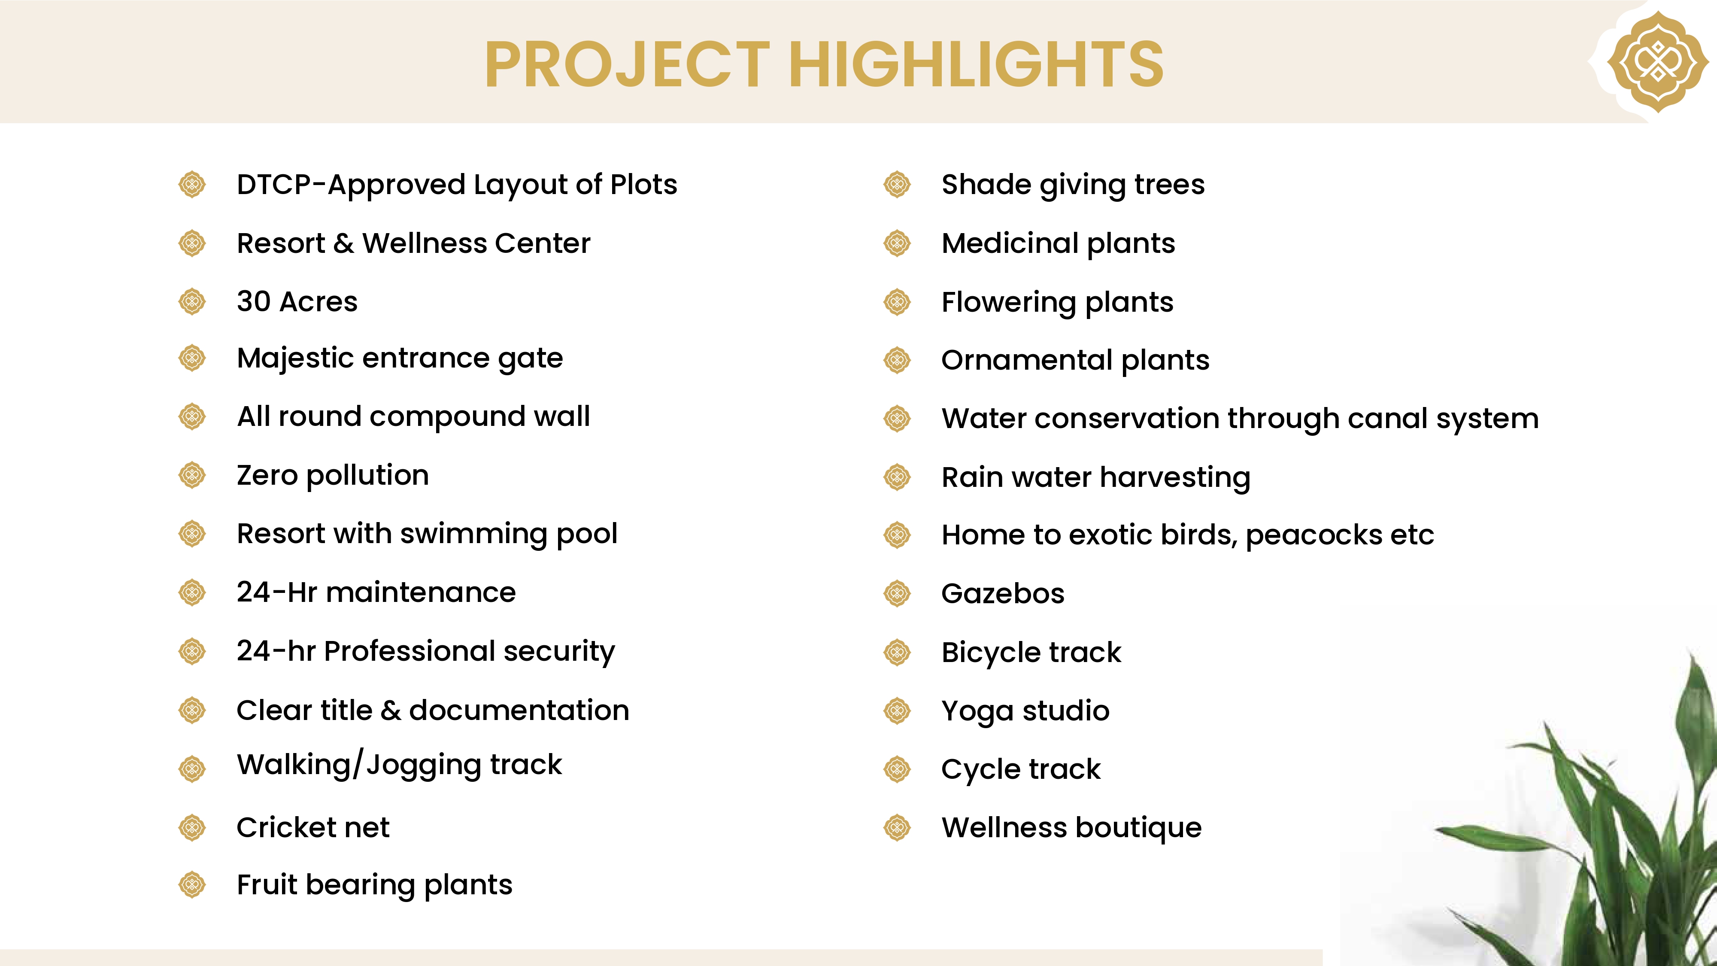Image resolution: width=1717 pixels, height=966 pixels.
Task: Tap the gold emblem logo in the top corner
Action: pos(1658,61)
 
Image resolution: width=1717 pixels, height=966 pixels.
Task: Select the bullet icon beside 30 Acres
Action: pos(192,301)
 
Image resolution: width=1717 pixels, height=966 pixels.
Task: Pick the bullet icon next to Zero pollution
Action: pos(192,475)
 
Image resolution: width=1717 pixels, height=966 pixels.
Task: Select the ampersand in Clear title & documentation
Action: pos(391,711)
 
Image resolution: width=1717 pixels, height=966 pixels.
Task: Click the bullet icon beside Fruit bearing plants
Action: pos(192,885)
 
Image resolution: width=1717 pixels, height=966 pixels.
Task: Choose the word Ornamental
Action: pos(1027,360)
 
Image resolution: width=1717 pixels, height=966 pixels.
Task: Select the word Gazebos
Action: pos(1003,593)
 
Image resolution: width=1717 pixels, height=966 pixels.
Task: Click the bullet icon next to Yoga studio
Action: pos(897,711)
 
